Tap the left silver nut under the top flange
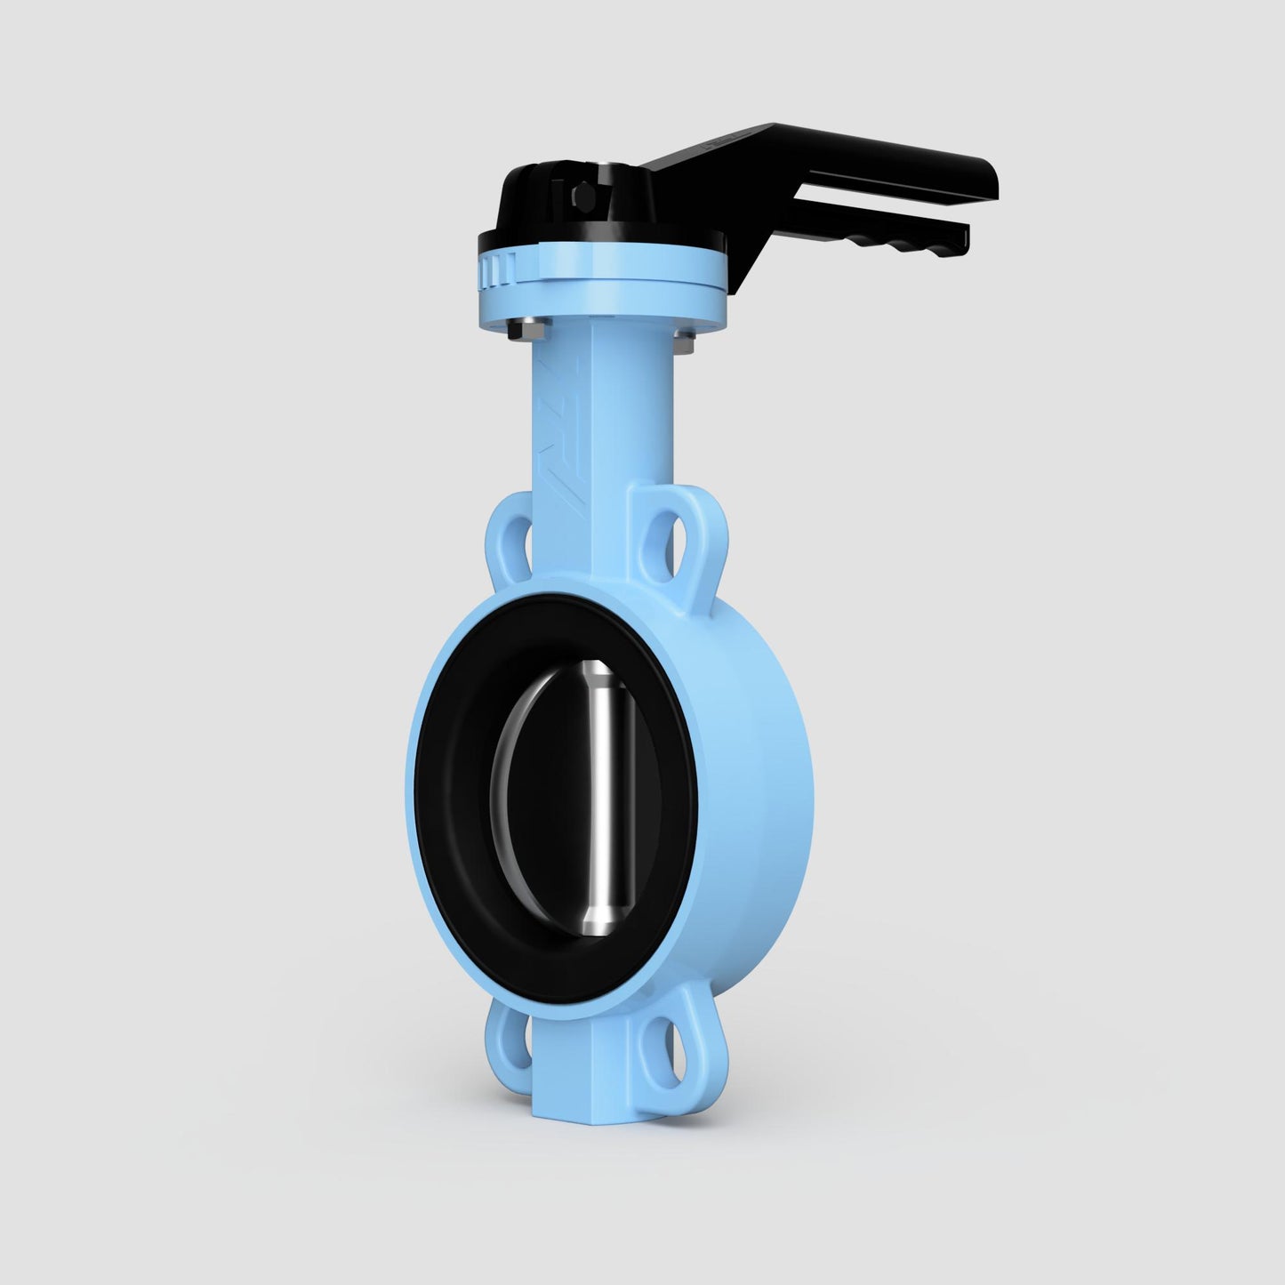(x=518, y=330)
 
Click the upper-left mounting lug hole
(x=518, y=542)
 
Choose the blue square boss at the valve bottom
(x=578, y=1076)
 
